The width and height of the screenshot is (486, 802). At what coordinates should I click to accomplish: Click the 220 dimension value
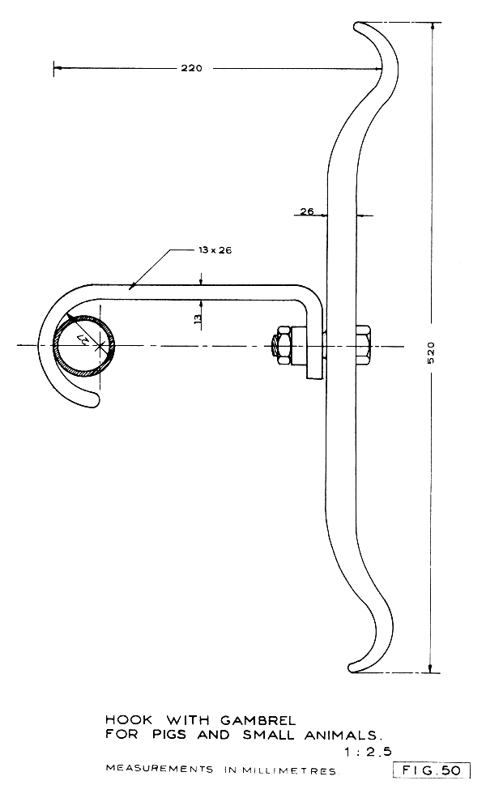point(193,69)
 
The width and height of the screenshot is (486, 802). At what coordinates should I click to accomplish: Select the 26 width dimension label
point(307,211)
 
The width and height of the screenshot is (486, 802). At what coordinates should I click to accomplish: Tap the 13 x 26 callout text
point(215,250)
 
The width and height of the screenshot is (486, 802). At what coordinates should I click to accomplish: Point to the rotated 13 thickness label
point(198,318)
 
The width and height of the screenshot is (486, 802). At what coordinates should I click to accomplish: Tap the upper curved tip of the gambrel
point(363,28)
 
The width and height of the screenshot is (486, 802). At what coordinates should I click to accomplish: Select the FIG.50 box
point(431,770)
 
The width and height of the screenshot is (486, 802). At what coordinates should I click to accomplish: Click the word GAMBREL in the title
point(257,719)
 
